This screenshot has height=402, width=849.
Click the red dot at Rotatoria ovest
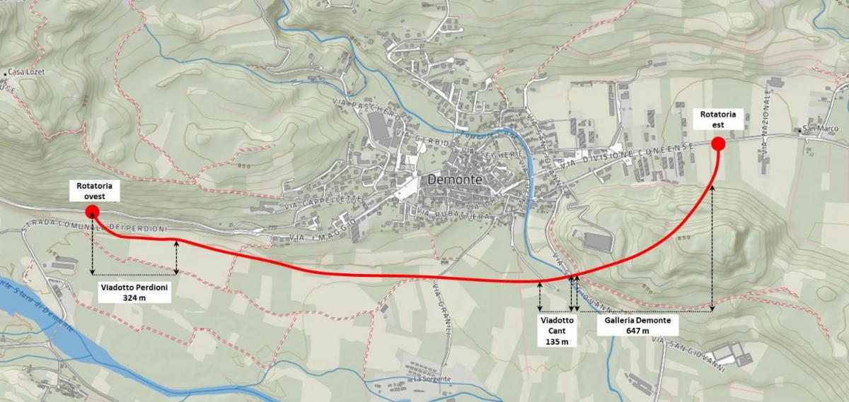coord(91,211)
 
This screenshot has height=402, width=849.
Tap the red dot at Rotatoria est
coord(717,145)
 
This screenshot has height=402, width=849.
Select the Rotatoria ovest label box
coord(94,191)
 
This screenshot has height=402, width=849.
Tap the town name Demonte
coord(454,179)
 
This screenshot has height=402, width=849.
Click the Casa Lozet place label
coord(26,72)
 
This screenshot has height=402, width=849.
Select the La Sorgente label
coord(427,379)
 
